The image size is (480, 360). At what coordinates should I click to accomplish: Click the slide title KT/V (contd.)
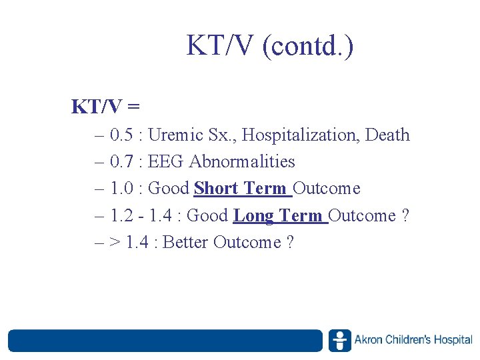pos(270,46)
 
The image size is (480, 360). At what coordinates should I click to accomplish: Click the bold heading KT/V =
pos(105,106)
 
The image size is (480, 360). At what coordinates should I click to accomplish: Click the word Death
pos(388,135)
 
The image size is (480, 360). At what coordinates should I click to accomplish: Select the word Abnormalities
pos(242,162)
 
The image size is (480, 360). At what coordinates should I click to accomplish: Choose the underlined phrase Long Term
pos(279,216)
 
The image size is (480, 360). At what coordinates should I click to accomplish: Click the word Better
pos(185,243)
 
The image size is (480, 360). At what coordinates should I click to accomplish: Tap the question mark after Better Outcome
pos(289,243)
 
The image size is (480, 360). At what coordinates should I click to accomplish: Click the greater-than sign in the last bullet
pos(114,243)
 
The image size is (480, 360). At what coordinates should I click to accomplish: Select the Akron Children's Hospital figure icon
pos(339,340)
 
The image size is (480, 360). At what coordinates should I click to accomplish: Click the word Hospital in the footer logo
pos(453,340)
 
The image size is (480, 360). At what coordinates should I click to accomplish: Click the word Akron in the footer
pos(369,340)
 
